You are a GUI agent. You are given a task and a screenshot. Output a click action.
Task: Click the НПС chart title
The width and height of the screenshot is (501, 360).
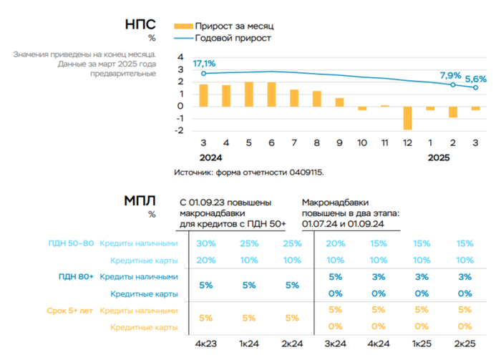[140, 24]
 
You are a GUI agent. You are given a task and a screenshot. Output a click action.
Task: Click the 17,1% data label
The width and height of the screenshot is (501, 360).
[205, 65]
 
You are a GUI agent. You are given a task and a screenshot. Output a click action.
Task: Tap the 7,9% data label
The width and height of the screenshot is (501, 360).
[450, 75]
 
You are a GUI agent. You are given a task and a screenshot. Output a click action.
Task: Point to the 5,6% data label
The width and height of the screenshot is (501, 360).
[476, 79]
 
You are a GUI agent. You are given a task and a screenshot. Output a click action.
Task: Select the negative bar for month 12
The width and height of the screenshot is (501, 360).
[407, 118]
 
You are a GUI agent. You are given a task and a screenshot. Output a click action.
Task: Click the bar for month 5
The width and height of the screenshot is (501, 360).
[248, 94]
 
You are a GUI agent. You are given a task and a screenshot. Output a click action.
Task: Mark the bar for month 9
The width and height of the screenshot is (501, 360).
[339, 102]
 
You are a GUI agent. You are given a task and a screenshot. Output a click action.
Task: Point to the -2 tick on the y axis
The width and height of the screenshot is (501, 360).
[180, 131]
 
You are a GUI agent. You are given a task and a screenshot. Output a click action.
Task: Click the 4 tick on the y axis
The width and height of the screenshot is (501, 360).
[180, 57]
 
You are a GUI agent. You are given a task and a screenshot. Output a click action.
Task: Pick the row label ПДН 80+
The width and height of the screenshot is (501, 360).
[76, 276]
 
